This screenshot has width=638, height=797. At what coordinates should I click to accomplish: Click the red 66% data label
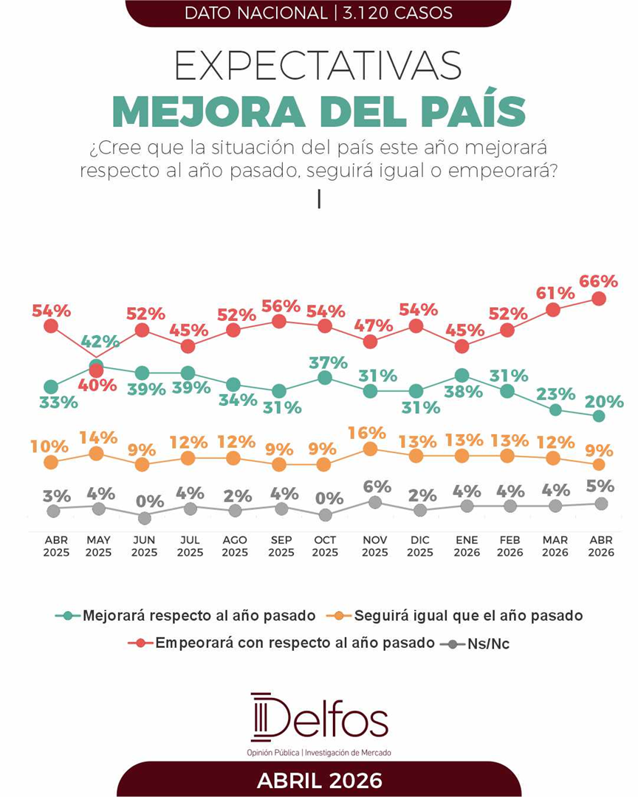pos(598,281)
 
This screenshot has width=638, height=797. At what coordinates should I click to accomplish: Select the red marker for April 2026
pos(599,299)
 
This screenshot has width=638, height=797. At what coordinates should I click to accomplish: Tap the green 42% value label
pos(100,341)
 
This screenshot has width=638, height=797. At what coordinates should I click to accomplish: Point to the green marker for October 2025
pos(323,378)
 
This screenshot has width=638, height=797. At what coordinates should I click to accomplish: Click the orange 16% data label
pos(368,432)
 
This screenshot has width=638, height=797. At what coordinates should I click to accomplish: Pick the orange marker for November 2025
pos(371,449)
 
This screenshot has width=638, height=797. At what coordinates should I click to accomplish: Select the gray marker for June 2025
pos(143,518)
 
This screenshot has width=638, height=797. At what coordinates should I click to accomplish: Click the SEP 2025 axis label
pos(281,546)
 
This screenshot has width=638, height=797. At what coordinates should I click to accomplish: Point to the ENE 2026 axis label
pos(462,546)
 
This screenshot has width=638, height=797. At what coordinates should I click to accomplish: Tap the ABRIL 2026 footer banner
pos(319,780)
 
